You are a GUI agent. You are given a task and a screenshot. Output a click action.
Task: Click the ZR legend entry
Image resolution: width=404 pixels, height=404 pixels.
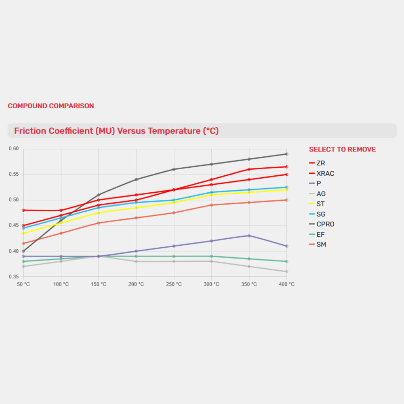[x=317, y=163]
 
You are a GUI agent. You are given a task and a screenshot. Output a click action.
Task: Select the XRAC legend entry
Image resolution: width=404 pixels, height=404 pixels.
[x=322, y=173]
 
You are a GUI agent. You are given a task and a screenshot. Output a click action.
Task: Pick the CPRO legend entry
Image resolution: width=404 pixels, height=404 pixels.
[x=322, y=224]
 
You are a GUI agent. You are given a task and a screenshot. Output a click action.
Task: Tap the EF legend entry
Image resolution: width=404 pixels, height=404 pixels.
[x=317, y=234]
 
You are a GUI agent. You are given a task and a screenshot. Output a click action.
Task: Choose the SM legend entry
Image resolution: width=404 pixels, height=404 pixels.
[x=318, y=244]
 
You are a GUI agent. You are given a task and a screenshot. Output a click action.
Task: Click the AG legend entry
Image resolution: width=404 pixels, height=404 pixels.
[x=317, y=194]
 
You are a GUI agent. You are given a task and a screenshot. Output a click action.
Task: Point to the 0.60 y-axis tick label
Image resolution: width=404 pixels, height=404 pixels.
[x=14, y=149]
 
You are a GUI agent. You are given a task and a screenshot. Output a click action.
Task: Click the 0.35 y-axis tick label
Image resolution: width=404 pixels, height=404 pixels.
[x=14, y=277]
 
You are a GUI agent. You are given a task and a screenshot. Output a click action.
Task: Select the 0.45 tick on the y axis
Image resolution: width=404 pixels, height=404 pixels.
[x=14, y=225]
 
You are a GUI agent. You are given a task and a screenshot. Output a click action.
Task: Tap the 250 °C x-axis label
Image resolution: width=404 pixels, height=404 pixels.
[x=174, y=284]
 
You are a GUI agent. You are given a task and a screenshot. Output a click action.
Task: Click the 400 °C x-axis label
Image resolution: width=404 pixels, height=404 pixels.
[x=286, y=284]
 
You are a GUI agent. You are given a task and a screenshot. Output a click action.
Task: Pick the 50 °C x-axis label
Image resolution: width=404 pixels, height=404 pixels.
[x=23, y=284]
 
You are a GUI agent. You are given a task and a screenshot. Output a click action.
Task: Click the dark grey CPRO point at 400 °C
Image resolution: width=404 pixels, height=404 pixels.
[x=287, y=154]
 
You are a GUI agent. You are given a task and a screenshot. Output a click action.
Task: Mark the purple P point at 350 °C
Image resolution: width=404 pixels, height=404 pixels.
[x=249, y=236]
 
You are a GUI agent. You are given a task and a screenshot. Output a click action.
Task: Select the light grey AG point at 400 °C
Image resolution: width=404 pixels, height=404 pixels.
[x=287, y=271]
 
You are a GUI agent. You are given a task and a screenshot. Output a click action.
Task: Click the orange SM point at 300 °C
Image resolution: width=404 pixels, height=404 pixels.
[x=212, y=205]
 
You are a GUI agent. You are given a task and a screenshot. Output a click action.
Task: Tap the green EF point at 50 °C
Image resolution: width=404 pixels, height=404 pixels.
[x=23, y=261]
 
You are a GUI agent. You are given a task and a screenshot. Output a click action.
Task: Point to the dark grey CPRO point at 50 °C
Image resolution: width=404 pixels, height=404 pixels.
[x=23, y=251]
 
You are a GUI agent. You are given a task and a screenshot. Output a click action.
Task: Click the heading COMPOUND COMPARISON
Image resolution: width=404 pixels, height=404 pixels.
[x=51, y=106]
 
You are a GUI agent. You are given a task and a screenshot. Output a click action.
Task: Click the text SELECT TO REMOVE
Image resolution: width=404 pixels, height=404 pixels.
[x=343, y=149]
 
